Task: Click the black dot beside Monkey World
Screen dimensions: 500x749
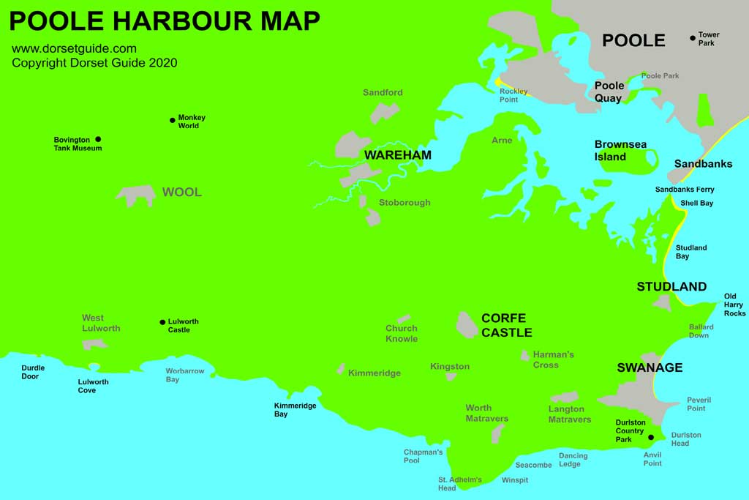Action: [173, 120]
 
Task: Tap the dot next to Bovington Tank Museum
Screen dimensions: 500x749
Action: [98, 139]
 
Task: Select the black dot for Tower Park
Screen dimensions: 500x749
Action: [693, 38]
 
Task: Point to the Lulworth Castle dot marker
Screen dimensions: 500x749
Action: [162, 321]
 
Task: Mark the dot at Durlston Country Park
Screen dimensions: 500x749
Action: [650, 438]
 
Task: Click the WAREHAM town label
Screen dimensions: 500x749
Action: [398, 155]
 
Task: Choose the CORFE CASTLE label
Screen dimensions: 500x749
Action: [506, 325]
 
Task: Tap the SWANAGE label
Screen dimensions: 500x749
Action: [650, 367]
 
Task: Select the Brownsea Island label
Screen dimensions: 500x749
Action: [620, 151]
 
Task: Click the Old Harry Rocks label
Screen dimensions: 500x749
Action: [734, 305]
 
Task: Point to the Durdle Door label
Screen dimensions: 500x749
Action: [33, 372]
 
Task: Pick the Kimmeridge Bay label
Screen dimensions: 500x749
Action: [295, 410]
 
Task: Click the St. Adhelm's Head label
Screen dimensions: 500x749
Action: [460, 484]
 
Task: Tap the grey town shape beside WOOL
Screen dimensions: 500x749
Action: [136, 195]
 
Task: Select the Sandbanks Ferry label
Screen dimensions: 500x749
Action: [685, 190]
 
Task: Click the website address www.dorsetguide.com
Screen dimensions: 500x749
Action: [74, 49]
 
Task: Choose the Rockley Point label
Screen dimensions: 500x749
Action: [513, 95]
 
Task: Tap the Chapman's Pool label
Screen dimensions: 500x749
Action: [423, 456]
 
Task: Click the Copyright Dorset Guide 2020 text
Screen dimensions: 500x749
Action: [94, 63]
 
